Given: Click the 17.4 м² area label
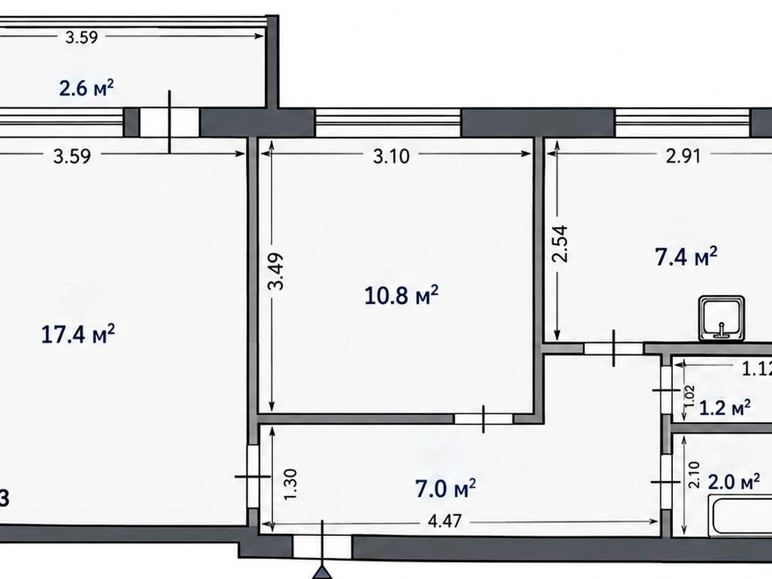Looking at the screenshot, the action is point(78,334).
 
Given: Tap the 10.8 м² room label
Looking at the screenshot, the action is point(401,295).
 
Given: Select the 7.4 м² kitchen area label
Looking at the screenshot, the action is point(686,256).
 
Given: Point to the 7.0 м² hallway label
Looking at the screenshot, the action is point(445,488).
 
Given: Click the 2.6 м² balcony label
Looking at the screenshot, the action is point(86,88).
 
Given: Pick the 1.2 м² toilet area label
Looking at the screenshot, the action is point(724,408).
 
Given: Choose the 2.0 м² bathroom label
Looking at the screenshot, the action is point(733,482).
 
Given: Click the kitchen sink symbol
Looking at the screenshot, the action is point(721,318).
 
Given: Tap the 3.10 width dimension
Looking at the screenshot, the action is point(391,156).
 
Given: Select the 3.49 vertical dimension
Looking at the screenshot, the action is point(275,271).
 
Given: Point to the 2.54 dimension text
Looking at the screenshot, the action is point(560,244).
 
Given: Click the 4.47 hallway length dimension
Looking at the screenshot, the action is point(445,520).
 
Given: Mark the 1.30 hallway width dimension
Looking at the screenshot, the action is point(291,484).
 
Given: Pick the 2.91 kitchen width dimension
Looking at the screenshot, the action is point(683,156).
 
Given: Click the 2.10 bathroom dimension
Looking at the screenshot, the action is point(694,475).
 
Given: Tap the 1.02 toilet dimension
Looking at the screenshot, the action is point(690,396).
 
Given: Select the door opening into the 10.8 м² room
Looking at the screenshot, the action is point(484,419).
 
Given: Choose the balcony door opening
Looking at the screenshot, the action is point(170,122).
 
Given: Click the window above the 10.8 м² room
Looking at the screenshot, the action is point(388,122).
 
